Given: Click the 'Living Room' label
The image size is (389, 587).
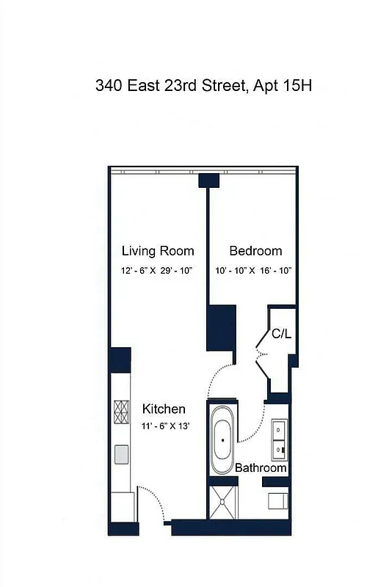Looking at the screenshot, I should [158, 251].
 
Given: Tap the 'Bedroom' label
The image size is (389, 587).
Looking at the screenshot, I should [255, 251].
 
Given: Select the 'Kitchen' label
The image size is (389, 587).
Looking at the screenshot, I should [164, 409].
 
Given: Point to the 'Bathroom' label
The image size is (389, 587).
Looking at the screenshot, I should [261, 468].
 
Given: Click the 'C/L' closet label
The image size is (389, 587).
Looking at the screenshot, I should [282, 334].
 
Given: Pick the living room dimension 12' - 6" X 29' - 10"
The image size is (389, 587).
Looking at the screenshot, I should [156, 271].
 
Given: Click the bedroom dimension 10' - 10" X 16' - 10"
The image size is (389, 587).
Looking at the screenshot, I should [255, 271].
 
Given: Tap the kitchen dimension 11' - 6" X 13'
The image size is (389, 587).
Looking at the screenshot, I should [166, 426].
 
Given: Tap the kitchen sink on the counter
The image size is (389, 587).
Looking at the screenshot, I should [121, 453].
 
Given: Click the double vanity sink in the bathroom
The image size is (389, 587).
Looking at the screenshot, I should [279, 437].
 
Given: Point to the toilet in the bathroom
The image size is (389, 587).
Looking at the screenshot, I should [277, 501].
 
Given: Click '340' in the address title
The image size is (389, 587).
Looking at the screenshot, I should [109, 86].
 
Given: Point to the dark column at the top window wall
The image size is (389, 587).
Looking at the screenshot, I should [209, 179].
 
